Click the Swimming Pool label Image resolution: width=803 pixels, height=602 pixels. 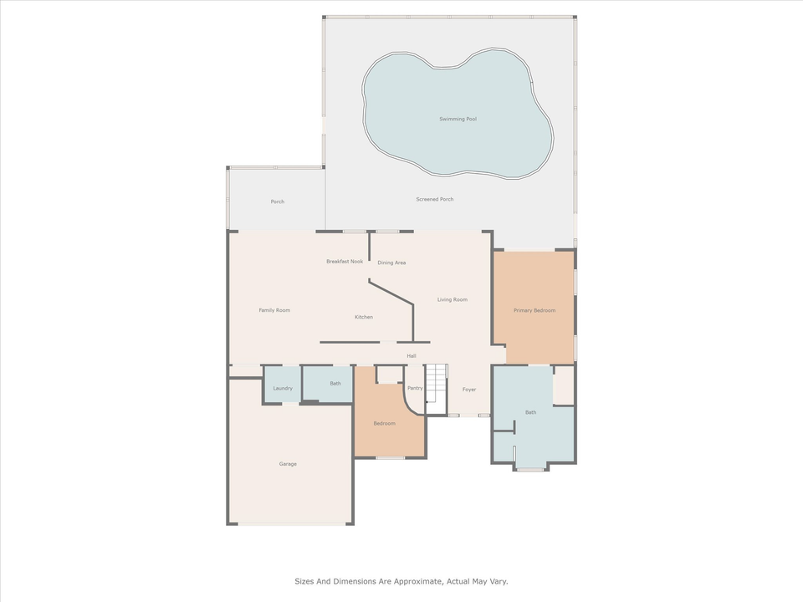[458, 120]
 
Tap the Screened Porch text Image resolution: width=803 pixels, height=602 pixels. [435, 199]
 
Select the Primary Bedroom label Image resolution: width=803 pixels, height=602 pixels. [534, 311]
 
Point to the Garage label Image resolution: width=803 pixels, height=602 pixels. [288, 464]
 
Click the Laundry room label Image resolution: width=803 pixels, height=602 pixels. [283, 388]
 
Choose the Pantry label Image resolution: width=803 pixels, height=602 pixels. [415, 388]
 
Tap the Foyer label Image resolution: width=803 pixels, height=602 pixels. [469, 390]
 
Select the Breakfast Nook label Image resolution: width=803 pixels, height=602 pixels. [345, 262]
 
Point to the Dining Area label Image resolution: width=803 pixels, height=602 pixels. [391, 263]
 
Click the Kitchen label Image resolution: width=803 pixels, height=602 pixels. [364, 317]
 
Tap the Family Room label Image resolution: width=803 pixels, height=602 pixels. [274, 310]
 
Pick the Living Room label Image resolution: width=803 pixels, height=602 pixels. [453, 299]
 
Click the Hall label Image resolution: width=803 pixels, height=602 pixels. [412, 356]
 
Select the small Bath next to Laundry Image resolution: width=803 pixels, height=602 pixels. [335, 384]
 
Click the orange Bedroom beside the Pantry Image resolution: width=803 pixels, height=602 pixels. [385, 424]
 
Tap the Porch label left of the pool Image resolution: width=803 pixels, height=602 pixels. [278, 202]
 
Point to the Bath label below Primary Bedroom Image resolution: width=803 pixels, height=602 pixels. [531, 412]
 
